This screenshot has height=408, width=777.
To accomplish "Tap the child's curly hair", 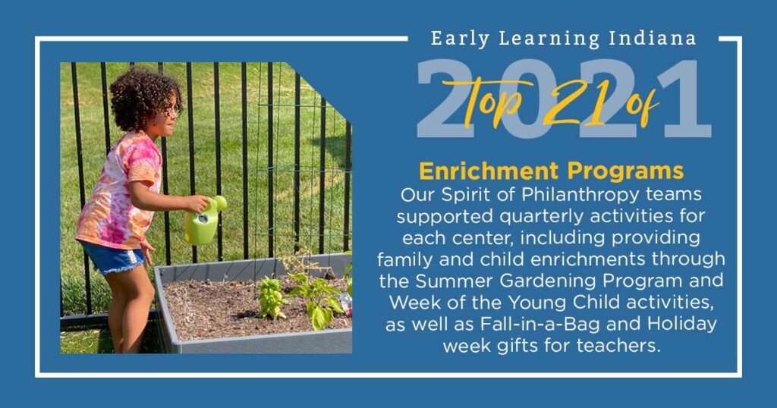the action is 143,99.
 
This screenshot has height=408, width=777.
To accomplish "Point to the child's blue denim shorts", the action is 112,258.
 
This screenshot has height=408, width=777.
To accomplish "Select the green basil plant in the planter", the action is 272,298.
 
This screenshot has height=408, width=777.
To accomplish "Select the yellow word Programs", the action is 625,172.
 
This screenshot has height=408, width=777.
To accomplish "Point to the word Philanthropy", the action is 580,195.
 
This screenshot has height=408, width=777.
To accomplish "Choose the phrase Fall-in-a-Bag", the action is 540,325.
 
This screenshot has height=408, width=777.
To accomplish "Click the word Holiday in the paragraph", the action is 682,325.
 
